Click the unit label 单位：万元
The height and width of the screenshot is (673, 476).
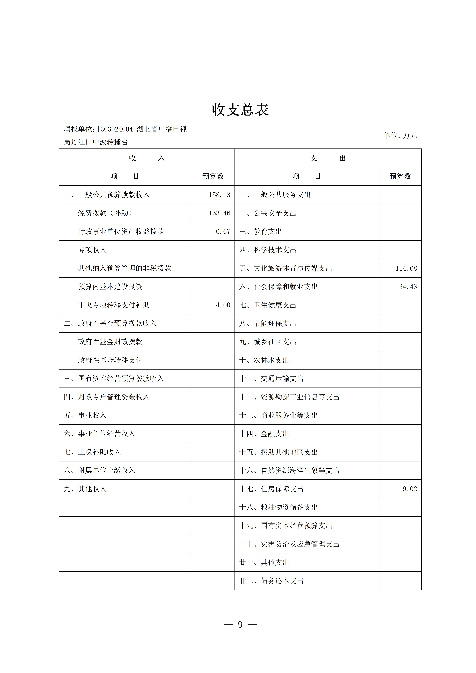[x=400, y=135]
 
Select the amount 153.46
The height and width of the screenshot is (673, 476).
[x=219, y=213]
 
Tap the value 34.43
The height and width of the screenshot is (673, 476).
[x=408, y=287]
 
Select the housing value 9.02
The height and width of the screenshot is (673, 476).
[x=409, y=489]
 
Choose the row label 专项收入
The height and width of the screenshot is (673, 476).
[x=92, y=250]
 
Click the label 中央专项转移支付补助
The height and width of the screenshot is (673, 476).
[x=114, y=305]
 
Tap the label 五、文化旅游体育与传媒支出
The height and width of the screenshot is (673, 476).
[x=286, y=268]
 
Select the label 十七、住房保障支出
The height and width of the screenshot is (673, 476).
[x=271, y=489]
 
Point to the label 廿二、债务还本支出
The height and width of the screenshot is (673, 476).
[x=271, y=581]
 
